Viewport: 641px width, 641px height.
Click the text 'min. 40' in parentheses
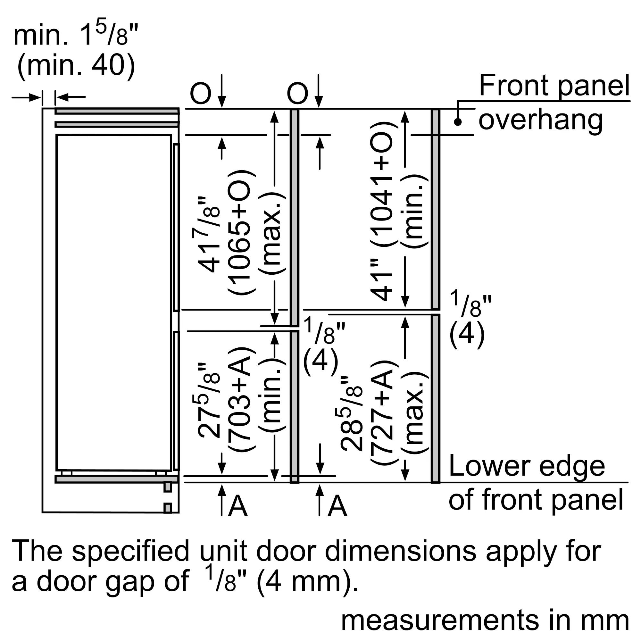76,65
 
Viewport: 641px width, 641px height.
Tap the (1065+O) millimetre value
241,232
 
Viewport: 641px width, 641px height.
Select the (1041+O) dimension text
381,184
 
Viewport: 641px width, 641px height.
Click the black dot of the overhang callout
458,122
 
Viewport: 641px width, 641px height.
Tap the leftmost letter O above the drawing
200,94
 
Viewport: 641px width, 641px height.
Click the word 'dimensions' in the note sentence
400,551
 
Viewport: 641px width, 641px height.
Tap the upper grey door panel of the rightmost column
435,209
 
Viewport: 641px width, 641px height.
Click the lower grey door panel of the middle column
294,406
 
